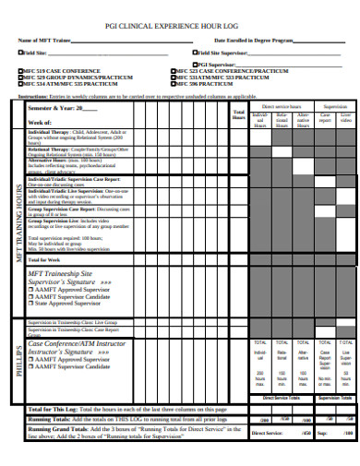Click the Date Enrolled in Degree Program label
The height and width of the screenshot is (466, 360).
[254, 41]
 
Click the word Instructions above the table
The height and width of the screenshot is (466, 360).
[32, 96]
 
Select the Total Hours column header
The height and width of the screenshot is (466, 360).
[238, 116]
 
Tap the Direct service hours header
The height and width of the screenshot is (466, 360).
[283, 108]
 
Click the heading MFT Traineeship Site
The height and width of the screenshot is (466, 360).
[61, 274]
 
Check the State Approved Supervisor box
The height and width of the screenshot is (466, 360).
[31, 303]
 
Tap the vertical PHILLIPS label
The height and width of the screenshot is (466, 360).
[16, 359]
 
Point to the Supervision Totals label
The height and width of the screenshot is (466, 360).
[333, 398]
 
